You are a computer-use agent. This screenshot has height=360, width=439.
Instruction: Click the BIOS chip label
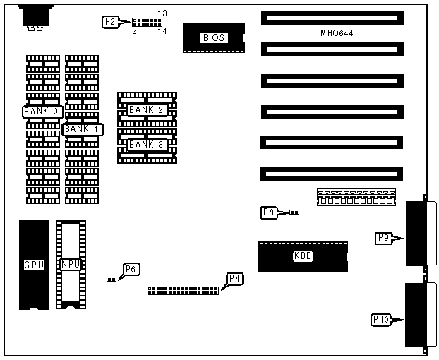213,37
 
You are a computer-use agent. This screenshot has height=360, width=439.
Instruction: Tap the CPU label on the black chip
34,265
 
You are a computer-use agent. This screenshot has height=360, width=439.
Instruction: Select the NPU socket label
71,265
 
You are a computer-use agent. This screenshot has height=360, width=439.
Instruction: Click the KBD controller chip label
303,256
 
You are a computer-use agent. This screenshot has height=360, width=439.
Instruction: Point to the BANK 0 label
43,112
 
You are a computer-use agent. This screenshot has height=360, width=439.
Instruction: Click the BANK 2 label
146,110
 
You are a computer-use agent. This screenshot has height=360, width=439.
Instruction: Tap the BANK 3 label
146,144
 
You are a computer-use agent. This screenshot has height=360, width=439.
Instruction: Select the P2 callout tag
110,22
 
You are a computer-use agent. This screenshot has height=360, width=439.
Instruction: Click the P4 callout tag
234,278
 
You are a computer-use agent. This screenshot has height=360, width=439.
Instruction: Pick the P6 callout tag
131,269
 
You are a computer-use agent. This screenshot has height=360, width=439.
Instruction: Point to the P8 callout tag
268,212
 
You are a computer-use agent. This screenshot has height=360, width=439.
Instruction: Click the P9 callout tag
383,239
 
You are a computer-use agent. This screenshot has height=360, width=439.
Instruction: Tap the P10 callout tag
381,320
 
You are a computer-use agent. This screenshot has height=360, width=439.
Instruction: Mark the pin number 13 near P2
162,13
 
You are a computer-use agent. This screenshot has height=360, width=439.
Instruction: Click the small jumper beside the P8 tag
294,211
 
